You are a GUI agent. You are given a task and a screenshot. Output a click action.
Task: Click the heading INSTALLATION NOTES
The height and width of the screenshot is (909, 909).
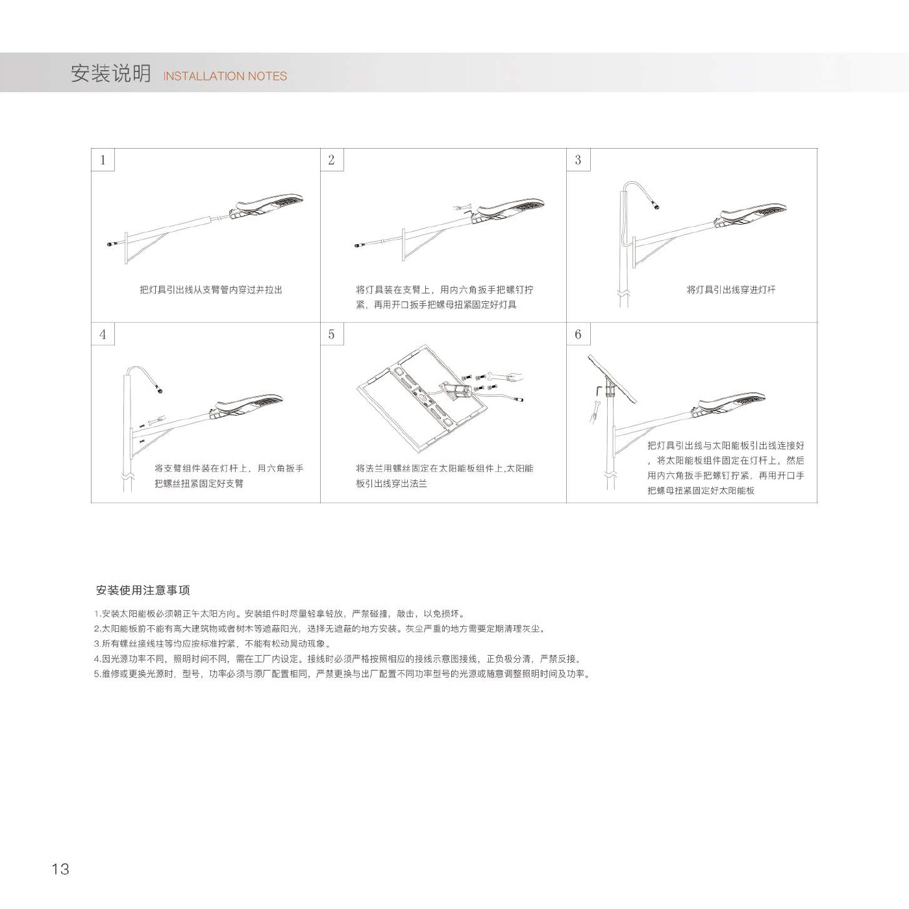(225, 76)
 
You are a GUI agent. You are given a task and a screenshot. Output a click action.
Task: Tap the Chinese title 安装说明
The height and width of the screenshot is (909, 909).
(111, 73)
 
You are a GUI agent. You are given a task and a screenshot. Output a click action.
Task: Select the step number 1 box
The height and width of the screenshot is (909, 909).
(103, 160)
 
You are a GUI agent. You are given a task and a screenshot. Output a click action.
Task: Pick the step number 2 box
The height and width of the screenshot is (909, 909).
(332, 160)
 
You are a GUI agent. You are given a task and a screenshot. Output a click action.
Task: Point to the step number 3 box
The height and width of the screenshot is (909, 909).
(579, 160)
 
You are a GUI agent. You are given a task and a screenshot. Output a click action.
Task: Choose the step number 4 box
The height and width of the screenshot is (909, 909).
(103, 334)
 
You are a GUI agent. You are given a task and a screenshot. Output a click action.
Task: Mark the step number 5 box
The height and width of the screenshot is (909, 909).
(332, 334)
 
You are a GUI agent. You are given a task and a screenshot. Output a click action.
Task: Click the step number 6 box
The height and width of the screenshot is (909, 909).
(579, 334)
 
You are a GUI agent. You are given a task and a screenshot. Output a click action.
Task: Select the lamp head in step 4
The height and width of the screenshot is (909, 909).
(246, 406)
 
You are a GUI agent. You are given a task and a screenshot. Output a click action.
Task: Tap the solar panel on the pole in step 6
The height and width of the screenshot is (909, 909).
(612, 379)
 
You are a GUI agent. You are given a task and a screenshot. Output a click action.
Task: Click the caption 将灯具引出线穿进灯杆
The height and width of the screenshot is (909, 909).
(730, 290)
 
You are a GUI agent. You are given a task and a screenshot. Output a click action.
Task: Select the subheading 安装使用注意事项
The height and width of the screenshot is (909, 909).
(142, 590)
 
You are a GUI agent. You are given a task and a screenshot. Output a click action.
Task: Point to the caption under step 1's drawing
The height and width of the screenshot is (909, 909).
(211, 290)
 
